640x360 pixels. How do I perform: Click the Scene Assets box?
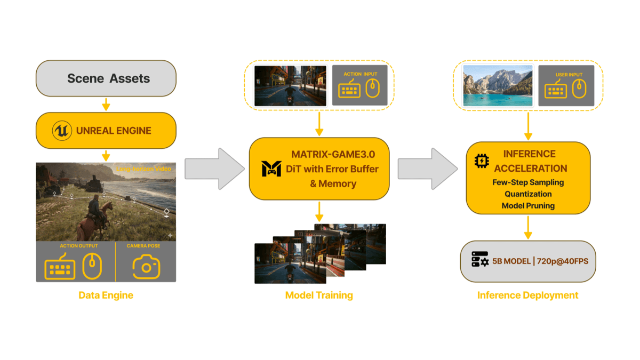click(x=106, y=78)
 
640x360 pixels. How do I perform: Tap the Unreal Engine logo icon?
click(x=62, y=131)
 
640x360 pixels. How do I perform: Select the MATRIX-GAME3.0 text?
click(x=333, y=155)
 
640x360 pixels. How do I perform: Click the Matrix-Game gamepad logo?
click(x=271, y=169)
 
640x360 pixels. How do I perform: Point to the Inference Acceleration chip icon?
click(x=482, y=161)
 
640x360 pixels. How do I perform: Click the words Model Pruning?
click(x=528, y=205)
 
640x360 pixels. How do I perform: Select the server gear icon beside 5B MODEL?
click(x=479, y=261)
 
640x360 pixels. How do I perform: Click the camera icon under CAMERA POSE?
click(x=146, y=266)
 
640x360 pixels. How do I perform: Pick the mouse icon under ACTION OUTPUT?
click(x=92, y=266)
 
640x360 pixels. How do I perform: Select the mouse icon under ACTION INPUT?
click(x=372, y=89)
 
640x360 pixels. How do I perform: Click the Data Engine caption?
click(x=106, y=295)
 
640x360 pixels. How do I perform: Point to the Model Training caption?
click(x=319, y=295)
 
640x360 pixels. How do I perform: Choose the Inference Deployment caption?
click(x=527, y=295)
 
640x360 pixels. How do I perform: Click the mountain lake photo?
click(x=498, y=86)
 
